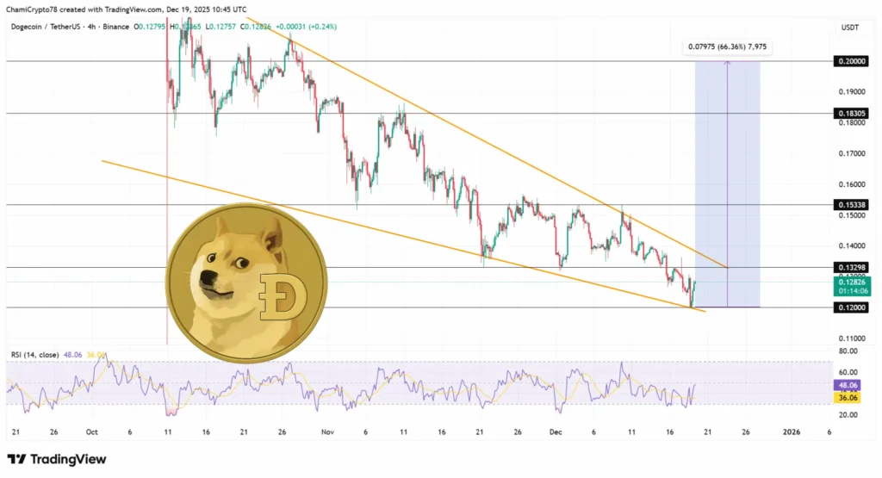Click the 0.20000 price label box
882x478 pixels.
pos(851,61)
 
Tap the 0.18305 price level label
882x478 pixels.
pos(851,113)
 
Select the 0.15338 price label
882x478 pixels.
pos(851,204)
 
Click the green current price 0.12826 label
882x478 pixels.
pos(851,281)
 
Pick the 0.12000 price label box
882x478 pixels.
pos(851,307)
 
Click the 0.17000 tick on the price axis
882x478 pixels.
pos(851,153)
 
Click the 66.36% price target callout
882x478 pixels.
pos(724,47)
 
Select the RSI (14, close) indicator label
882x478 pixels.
pos(34,353)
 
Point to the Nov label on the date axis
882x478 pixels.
pos(326,432)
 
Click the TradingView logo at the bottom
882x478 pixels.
pos(57,459)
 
